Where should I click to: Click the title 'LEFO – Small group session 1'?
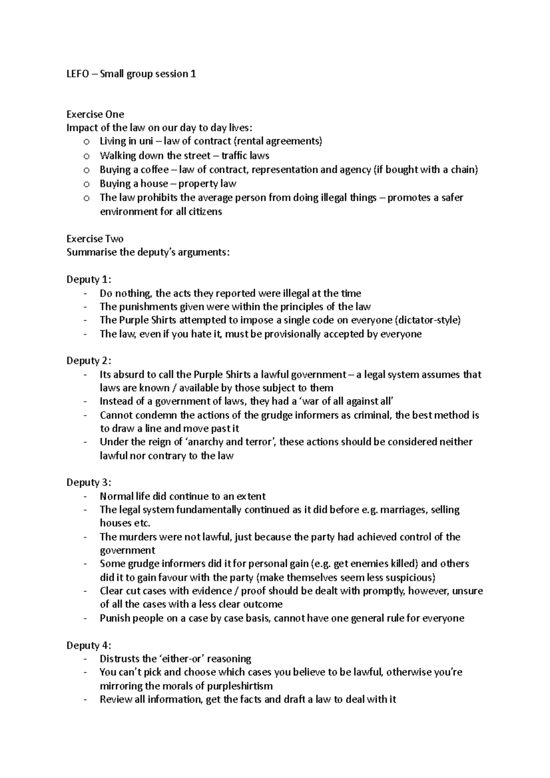point(131,74)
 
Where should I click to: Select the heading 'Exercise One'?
point(95,114)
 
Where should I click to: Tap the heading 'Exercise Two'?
point(95,239)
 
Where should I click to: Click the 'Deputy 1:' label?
point(89,279)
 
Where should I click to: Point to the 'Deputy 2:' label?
point(89,361)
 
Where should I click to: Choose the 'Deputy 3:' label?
point(89,482)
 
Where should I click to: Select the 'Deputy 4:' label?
point(89,646)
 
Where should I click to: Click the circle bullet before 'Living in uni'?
point(86,142)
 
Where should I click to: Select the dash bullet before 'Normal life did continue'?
point(86,496)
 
